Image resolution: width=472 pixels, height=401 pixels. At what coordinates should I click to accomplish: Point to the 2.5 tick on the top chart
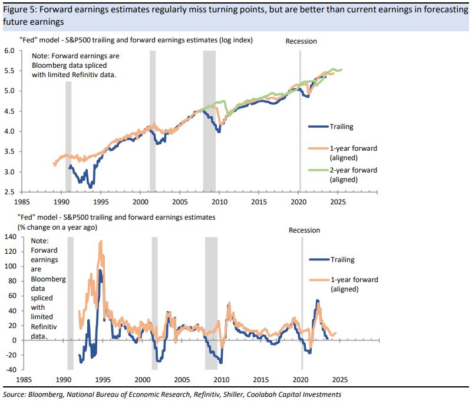point(9,192)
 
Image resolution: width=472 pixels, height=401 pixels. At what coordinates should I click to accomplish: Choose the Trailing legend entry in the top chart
point(341,126)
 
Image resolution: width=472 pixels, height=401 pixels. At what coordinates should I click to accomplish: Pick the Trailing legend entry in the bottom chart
point(342,259)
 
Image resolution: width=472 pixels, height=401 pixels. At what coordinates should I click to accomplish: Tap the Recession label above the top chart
point(301,41)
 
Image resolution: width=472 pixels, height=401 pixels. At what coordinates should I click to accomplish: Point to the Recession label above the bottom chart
point(304,230)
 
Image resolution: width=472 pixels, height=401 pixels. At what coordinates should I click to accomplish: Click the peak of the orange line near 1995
point(101,241)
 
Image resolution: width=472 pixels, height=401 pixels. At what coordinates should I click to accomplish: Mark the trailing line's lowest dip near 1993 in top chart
point(90,187)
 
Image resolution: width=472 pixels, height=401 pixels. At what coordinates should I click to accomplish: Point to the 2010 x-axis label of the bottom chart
point(221,380)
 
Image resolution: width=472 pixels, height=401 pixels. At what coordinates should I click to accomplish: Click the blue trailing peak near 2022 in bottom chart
point(318,301)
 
